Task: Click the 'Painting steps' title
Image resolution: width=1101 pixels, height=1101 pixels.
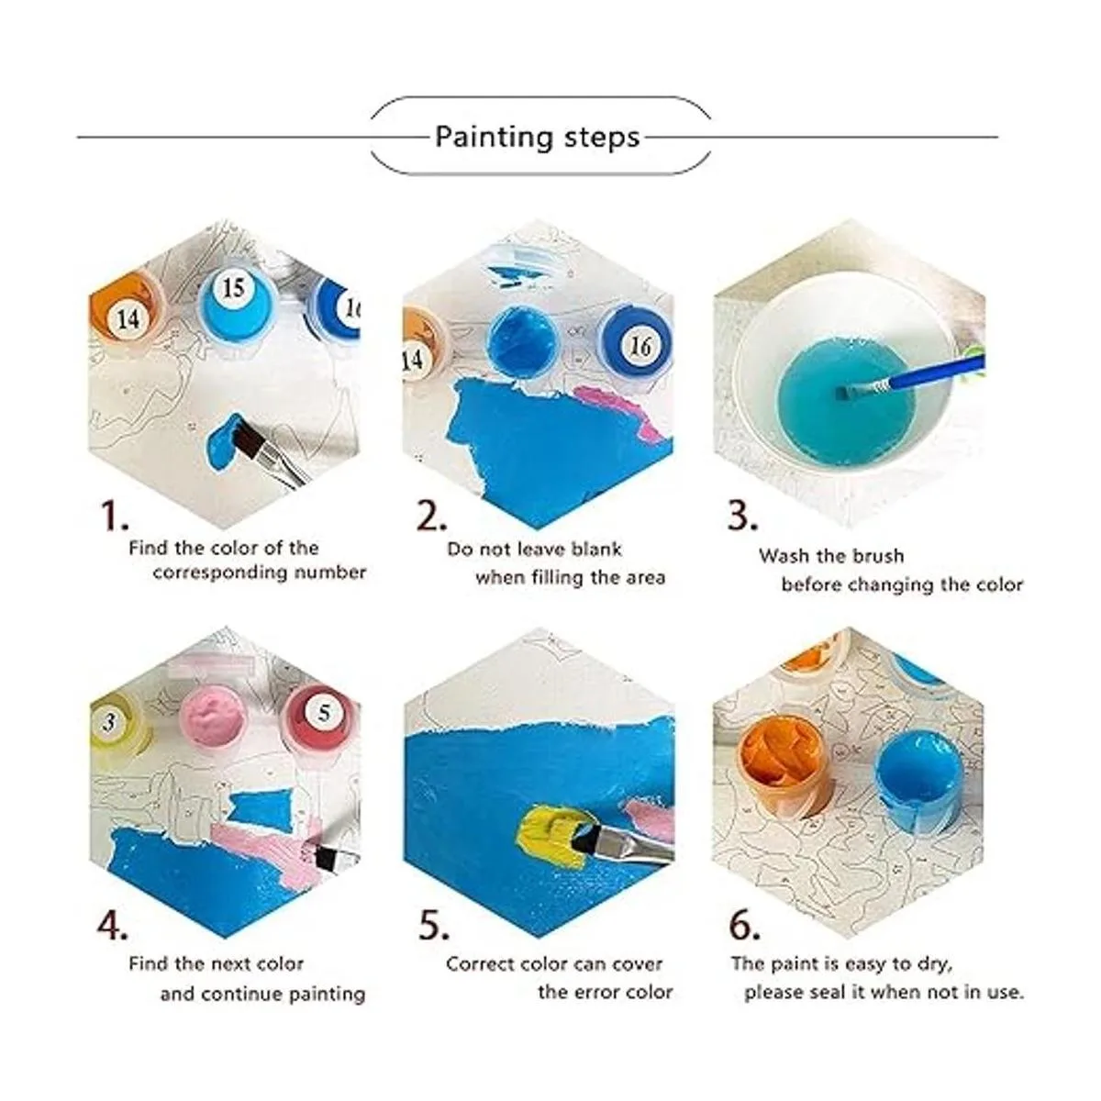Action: click(537, 138)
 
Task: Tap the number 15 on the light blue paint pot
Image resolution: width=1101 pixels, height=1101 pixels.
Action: click(233, 288)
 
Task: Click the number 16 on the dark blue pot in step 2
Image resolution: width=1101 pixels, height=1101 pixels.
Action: click(640, 347)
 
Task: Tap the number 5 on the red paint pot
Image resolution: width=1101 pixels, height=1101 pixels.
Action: click(324, 713)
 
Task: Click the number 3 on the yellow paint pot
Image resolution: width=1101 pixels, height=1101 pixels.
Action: click(109, 723)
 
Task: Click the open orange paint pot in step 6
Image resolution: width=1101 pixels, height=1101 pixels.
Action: click(786, 767)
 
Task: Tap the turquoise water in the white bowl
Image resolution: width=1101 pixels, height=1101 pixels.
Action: click(846, 402)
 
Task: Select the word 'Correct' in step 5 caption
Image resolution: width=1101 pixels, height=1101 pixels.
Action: click(479, 964)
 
